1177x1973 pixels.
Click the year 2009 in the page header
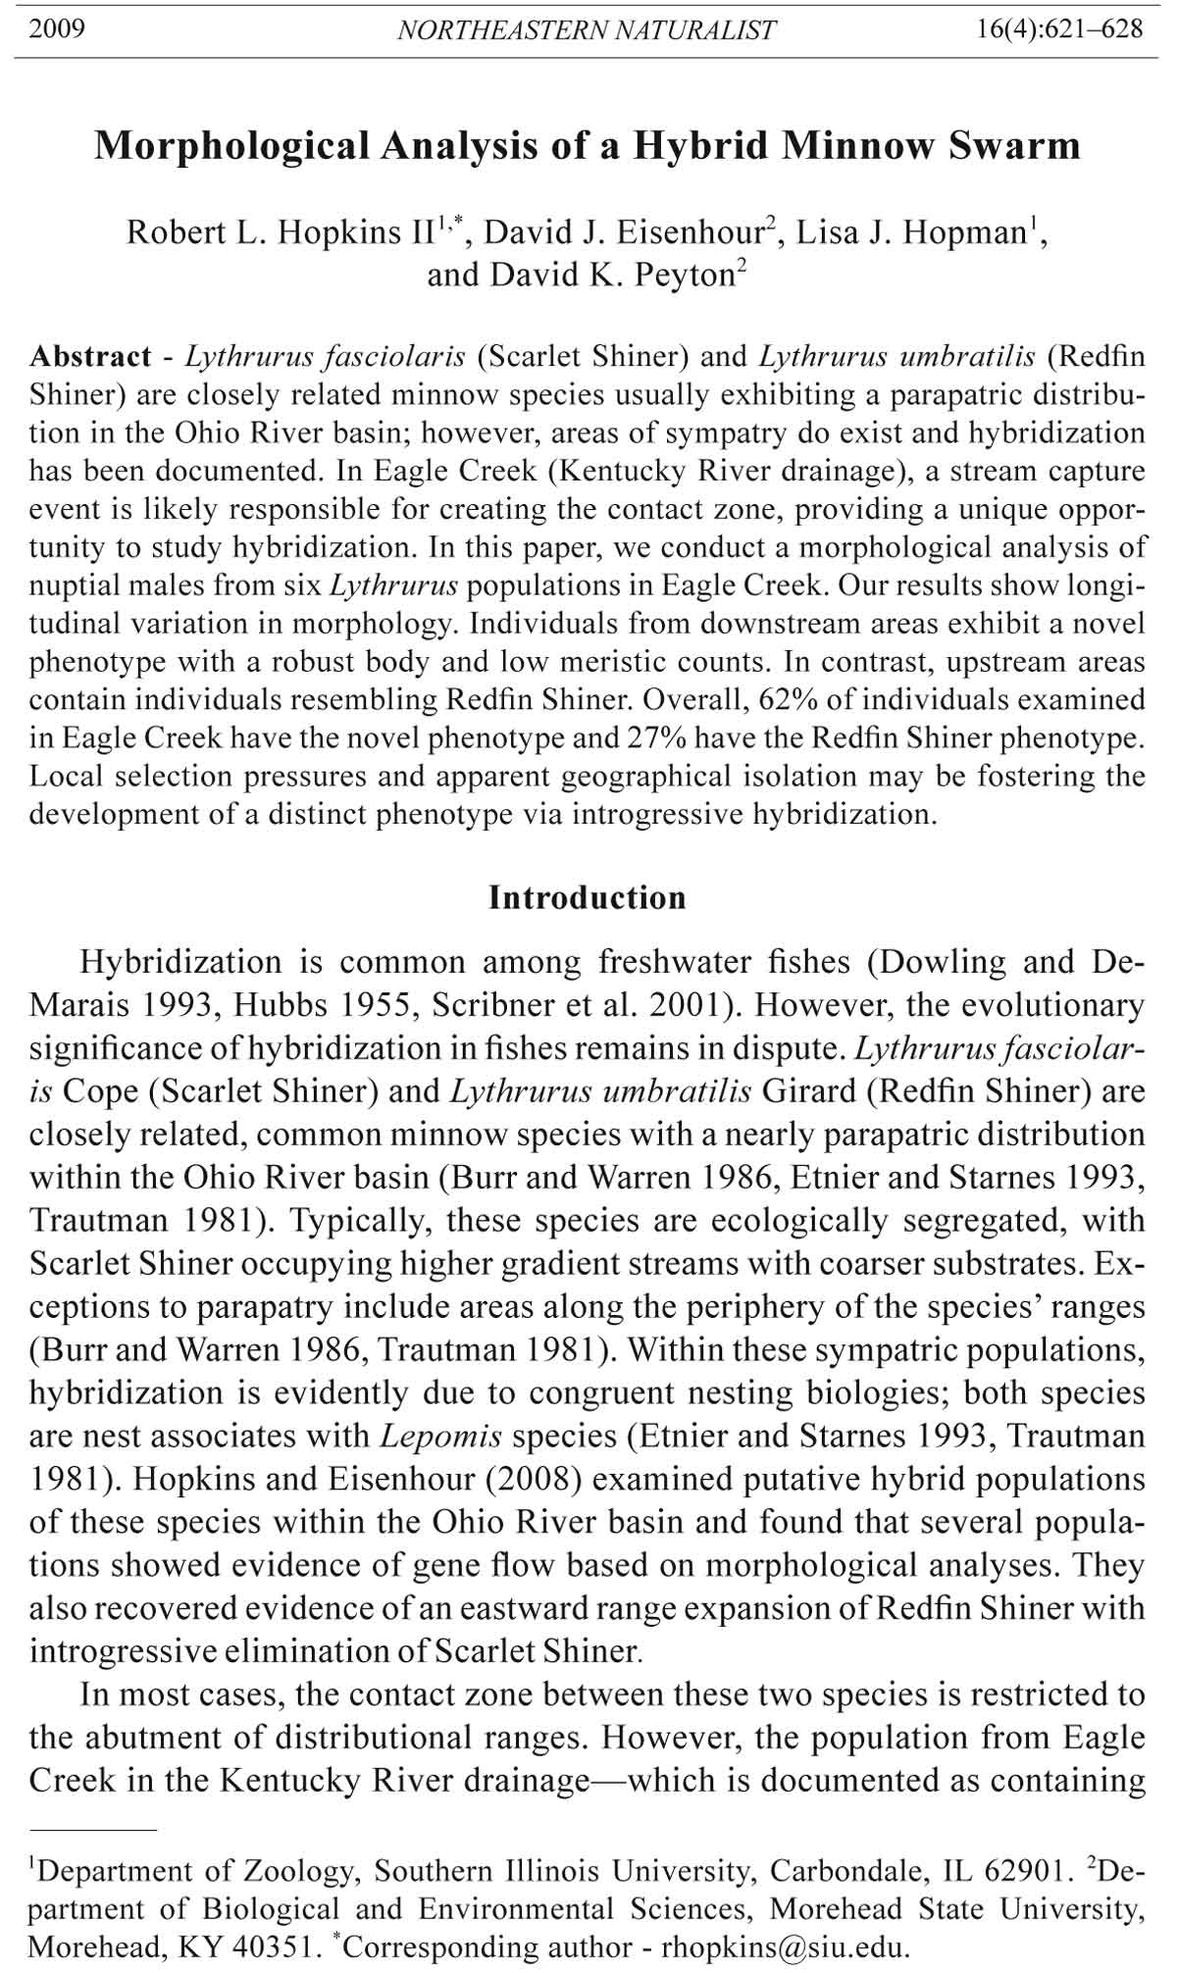[57, 28]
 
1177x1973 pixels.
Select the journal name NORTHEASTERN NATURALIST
[587, 30]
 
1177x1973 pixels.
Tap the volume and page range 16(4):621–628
[1059, 28]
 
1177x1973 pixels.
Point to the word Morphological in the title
[230, 146]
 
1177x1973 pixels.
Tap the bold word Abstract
[90, 356]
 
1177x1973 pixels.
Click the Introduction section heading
[588, 897]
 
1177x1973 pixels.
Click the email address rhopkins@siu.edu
[784, 1947]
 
